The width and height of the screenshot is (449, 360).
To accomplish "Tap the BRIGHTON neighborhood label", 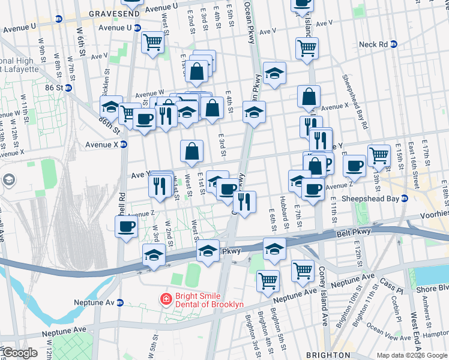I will point(328,355).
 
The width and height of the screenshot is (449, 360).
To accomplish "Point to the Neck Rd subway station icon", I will point(394,44).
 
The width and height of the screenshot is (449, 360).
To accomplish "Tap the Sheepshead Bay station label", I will point(369,197).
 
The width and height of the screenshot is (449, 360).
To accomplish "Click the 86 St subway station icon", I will point(68,88).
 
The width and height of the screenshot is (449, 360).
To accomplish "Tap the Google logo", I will point(19,353).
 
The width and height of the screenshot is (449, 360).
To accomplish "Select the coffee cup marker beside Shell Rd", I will point(126,227).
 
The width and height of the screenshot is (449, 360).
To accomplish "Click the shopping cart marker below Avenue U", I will point(152,43).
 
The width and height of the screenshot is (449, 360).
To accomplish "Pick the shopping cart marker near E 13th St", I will point(378,155).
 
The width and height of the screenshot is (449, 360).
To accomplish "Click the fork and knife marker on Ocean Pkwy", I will point(244,201).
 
